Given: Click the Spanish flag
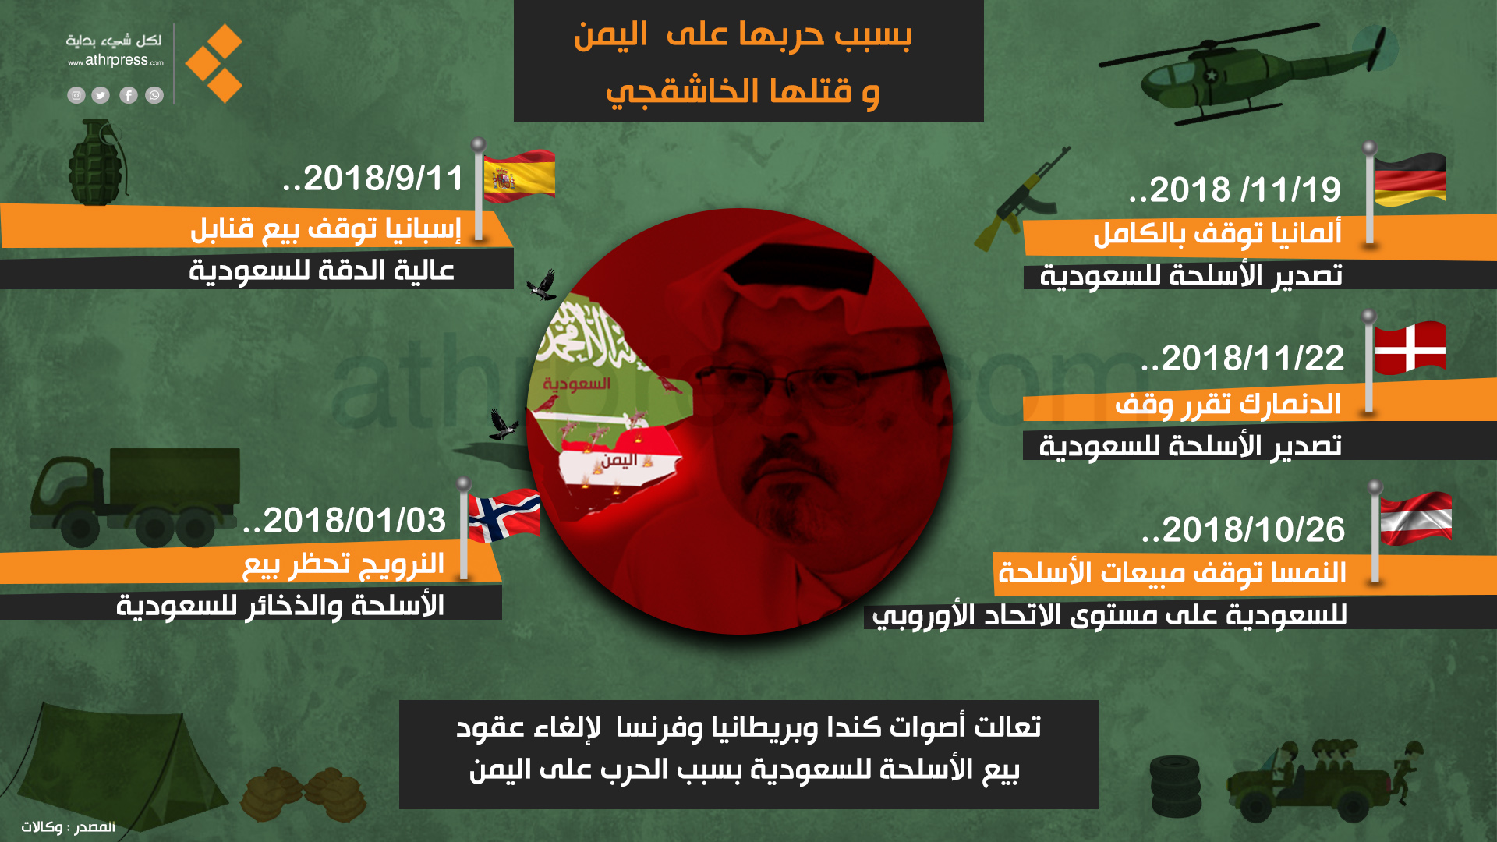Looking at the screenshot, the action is (519, 177).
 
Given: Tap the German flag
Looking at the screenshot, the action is (1410, 179).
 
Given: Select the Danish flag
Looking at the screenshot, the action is (1410, 348).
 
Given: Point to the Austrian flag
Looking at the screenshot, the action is (1416, 518).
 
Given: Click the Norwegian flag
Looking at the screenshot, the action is (505, 515).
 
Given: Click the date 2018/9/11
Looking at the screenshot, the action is (373, 179).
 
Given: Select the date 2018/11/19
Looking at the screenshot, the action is (1235, 189).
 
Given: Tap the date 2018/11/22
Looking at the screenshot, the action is (1243, 358).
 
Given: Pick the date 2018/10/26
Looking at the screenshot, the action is (1243, 529).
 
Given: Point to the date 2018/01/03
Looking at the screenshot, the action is (345, 520).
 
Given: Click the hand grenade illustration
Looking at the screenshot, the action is (96, 162).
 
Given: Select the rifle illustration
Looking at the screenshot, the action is (1022, 199).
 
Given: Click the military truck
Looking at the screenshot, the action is (134, 497).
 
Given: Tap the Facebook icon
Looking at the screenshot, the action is (129, 95).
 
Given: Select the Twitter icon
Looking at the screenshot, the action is (101, 95).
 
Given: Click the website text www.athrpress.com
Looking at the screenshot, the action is (115, 60).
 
